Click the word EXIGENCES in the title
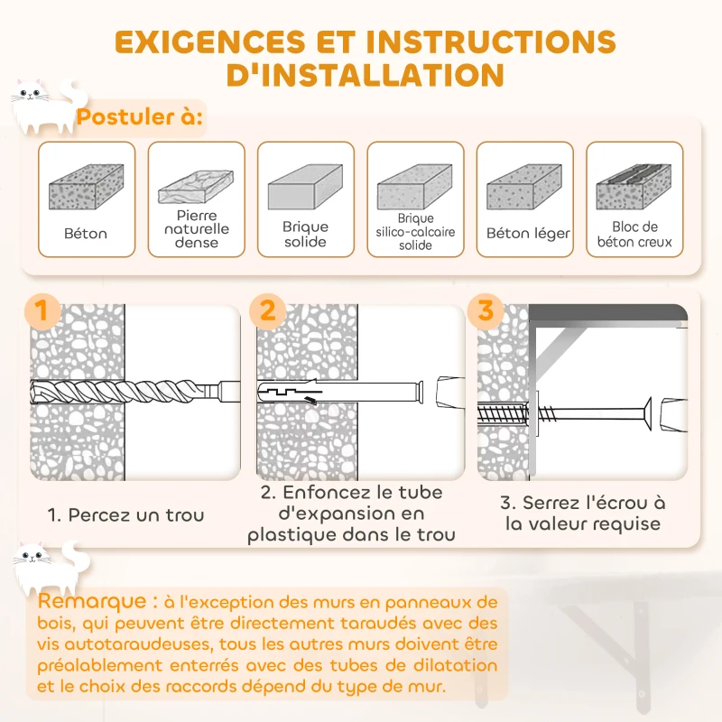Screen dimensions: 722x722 tap(210, 42)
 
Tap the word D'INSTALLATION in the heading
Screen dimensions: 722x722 tap(366, 75)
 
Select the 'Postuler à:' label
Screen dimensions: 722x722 tap(140, 117)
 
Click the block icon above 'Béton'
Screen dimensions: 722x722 tap(86, 187)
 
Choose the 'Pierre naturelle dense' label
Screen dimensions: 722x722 tap(197, 229)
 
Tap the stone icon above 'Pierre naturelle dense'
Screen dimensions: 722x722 tap(196, 187)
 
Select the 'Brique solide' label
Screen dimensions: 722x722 tap(305, 234)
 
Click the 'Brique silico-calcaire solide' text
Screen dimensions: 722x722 tap(415, 232)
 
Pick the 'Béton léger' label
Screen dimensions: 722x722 tap(528, 234)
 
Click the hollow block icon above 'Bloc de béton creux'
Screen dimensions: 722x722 tap(634, 187)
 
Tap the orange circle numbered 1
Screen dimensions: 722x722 tap(42, 310)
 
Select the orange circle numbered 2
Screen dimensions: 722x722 tap(267, 310)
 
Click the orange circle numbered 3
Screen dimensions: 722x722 tap(486, 310)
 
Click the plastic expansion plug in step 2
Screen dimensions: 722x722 tap(341, 393)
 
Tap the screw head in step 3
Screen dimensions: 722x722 tap(647, 414)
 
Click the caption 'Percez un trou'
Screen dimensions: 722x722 tap(125, 514)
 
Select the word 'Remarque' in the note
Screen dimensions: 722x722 tap(92, 601)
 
